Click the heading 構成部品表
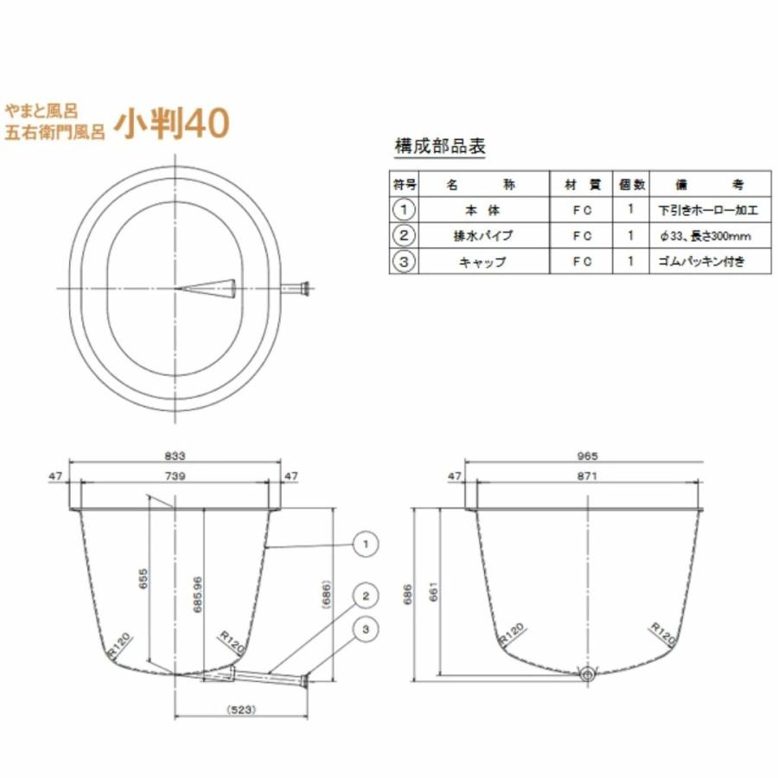439,146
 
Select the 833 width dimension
175,456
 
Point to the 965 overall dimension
588,456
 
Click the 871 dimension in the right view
588,475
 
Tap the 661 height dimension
434,590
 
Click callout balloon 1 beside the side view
366,544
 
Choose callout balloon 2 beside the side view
366,596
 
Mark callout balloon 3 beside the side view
366,630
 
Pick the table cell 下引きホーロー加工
707,209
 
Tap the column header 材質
582,185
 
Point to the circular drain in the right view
588,673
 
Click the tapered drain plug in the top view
212,286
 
